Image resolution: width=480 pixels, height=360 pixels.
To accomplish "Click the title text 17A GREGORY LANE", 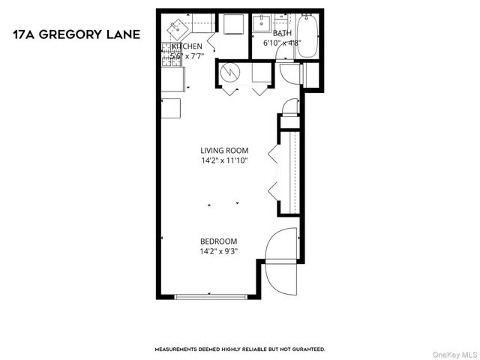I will click(76, 34).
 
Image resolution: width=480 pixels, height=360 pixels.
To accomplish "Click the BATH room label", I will click(282, 34).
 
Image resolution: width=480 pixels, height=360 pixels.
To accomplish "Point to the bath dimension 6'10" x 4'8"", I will click(282, 43).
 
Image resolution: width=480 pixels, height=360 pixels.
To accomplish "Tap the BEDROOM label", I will click(218, 241).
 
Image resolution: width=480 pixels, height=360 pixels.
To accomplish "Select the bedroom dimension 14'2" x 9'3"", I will click(218, 251).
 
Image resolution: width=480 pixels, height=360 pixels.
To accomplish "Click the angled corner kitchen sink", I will click(177, 28).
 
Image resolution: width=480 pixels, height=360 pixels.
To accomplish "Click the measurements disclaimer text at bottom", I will click(239, 349).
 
